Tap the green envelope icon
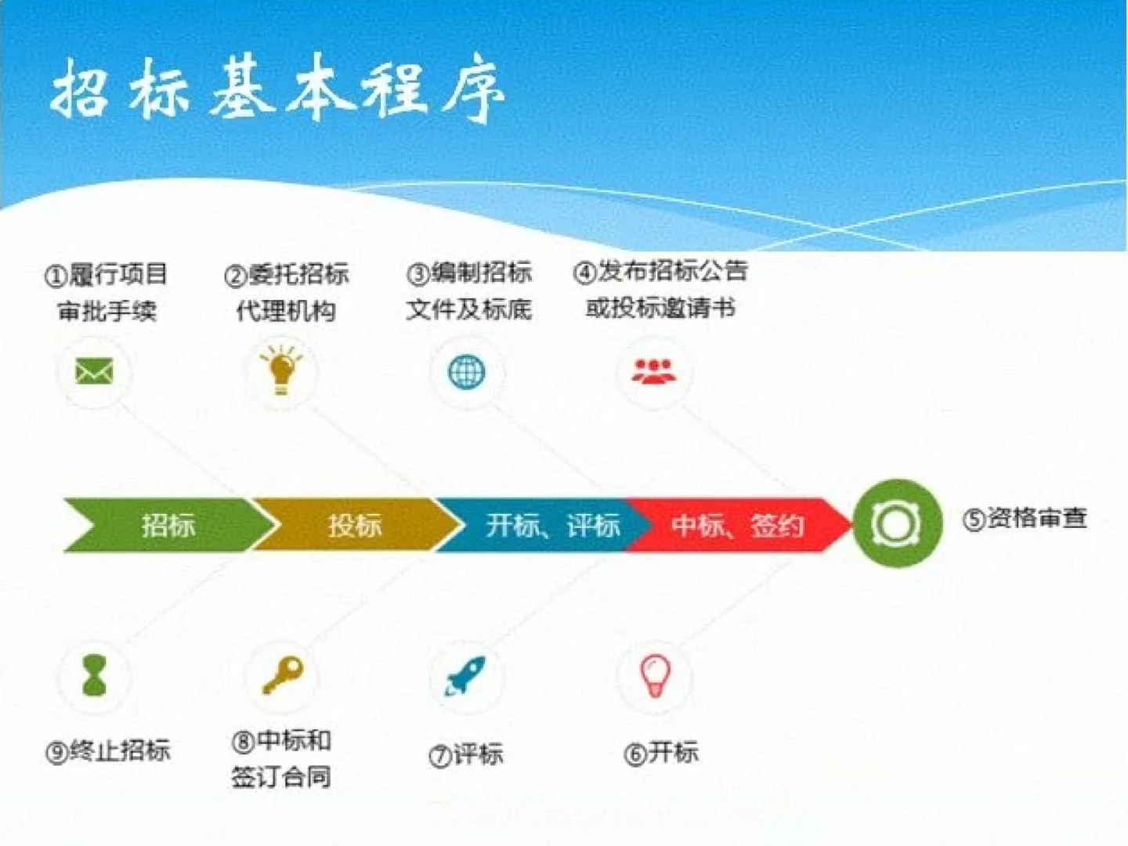point(94,371)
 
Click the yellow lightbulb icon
point(281,369)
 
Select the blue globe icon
point(467,371)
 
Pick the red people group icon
point(653,371)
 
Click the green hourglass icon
point(95,675)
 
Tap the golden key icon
point(283,674)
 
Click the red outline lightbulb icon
point(655,675)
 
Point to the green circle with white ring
point(897,522)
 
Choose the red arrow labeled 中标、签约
point(737,525)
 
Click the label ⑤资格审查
point(1025,519)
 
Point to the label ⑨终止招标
point(108,751)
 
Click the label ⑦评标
point(466,754)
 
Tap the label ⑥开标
point(661,753)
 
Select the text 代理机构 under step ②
point(285,311)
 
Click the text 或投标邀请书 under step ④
point(660,308)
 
